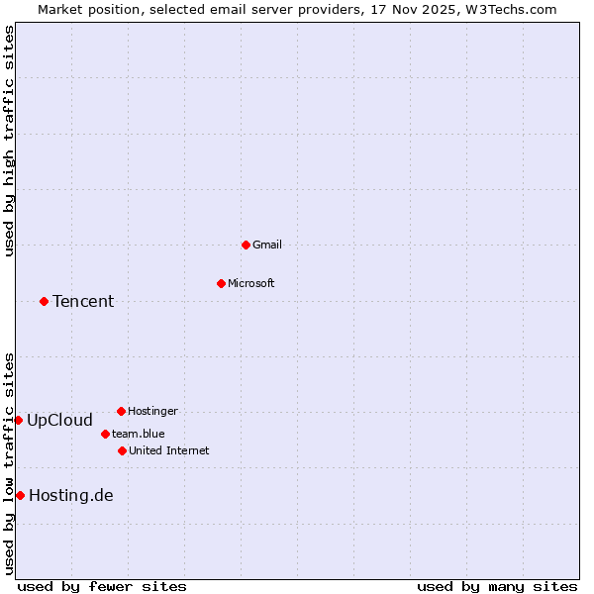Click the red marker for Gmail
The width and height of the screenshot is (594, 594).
point(246,245)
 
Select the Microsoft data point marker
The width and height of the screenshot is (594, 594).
point(221,283)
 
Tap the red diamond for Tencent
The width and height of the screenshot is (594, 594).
point(44,301)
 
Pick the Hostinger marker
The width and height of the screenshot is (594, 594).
point(121,411)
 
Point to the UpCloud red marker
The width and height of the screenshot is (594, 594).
point(18,420)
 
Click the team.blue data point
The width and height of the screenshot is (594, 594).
point(105,434)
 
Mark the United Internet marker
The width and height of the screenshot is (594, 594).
point(122,450)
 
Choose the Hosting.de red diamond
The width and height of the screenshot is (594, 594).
point(20,495)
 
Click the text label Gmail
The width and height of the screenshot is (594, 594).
point(267,245)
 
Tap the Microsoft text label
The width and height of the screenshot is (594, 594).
point(251,283)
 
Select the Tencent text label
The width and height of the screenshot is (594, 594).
point(83,301)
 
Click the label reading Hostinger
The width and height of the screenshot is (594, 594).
point(152,411)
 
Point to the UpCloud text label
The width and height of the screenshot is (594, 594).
point(59,420)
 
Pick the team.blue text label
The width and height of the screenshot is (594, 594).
point(138,434)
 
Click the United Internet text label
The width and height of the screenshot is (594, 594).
point(168,450)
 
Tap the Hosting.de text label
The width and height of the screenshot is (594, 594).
point(71,495)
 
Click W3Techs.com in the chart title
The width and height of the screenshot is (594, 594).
point(511,9)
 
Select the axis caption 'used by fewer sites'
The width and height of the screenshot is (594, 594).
point(102,586)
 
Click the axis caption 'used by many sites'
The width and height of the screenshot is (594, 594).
point(497,586)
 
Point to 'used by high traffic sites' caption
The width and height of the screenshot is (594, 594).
point(9,141)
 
